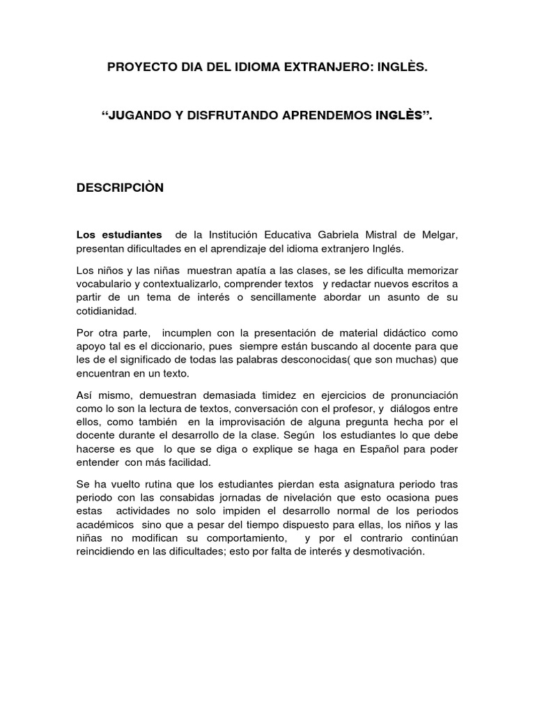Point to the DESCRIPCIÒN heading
(x=120, y=188)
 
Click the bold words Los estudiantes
(x=119, y=234)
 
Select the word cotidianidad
(x=107, y=311)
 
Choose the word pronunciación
(x=414, y=394)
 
